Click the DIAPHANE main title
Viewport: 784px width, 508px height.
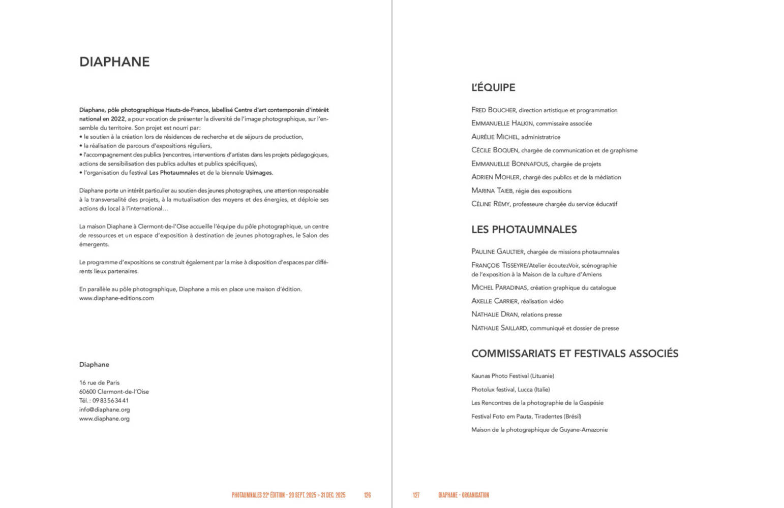click(x=114, y=62)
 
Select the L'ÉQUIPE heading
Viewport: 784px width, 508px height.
click(x=493, y=87)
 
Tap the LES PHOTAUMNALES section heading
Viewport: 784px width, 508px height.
click(x=524, y=230)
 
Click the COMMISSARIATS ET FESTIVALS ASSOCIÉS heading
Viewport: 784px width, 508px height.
click(x=575, y=354)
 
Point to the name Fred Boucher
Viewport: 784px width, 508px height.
click(x=493, y=110)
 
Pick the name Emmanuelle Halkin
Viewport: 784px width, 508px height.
click(x=502, y=123)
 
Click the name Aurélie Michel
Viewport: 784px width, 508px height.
click(x=495, y=137)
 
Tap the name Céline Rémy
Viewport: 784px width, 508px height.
click(x=490, y=204)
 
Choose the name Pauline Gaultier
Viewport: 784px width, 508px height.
click(x=497, y=252)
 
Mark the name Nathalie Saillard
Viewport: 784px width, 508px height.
click(x=499, y=328)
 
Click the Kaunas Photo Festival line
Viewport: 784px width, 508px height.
click(x=512, y=376)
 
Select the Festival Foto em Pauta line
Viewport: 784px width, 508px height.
click(x=526, y=417)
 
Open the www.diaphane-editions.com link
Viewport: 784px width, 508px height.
click(x=116, y=298)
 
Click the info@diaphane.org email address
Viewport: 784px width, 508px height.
click(x=104, y=409)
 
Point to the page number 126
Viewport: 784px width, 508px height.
click(x=367, y=495)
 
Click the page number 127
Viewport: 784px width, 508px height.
click(x=416, y=495)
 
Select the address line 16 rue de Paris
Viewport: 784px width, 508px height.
click(x=99, y=383)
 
